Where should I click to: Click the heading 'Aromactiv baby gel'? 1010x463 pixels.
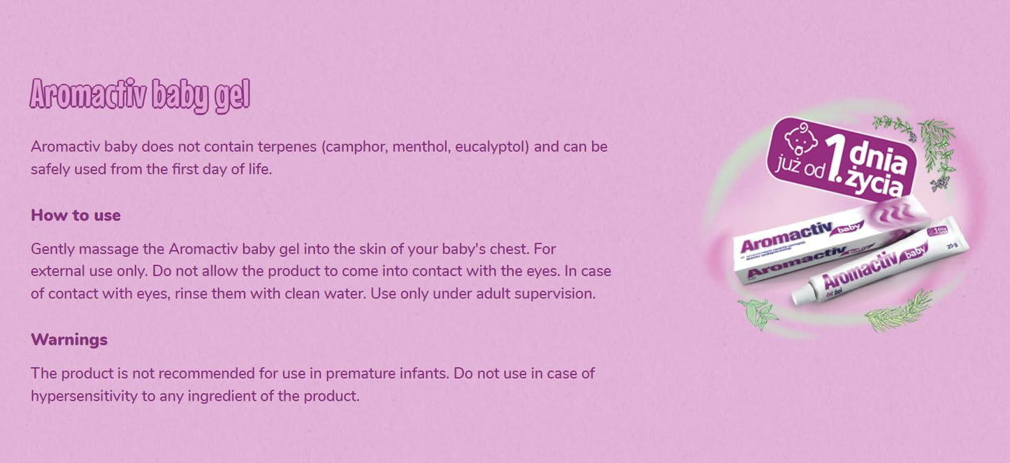point(140,95)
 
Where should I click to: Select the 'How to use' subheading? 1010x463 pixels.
point(75,215)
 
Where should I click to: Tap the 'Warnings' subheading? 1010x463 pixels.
point(69,340)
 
